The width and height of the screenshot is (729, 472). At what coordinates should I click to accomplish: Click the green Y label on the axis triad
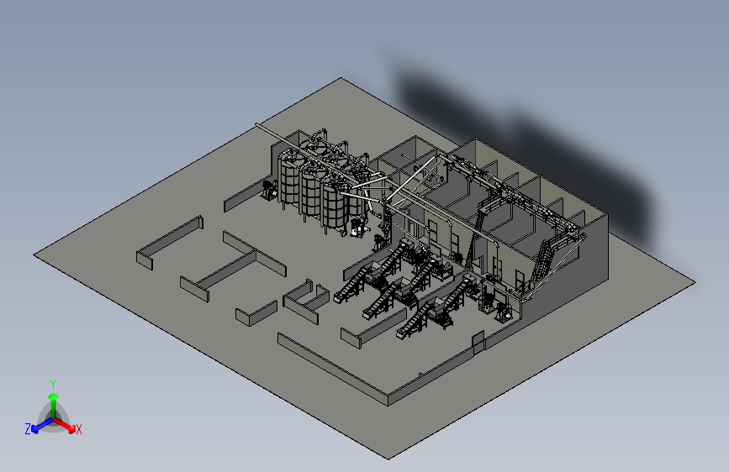52,384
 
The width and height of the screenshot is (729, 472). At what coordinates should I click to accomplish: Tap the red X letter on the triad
78,429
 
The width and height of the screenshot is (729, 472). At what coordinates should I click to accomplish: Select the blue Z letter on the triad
28,429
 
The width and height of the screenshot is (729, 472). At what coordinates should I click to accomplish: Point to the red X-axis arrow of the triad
64,424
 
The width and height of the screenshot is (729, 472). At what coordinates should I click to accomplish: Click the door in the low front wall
478,342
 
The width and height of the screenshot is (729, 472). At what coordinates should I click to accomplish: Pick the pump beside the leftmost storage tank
269,190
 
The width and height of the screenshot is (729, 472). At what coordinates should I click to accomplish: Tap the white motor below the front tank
357,227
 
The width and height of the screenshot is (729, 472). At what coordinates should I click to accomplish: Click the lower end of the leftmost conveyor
338,298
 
